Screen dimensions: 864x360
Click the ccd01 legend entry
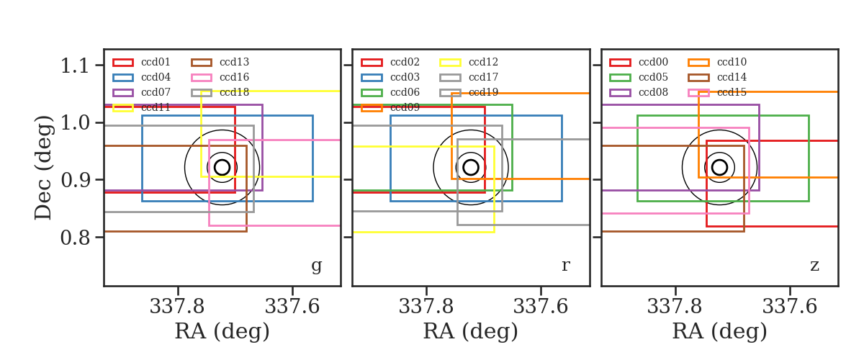(x=142, y=62)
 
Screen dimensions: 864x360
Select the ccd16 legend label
(x=234, y=77)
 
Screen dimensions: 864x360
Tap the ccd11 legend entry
(x=142, y=107)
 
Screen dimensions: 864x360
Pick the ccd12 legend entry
(x=469, y=62)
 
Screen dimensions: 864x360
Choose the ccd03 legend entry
(x=390, y=77)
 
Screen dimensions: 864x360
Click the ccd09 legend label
(x=405, y=107)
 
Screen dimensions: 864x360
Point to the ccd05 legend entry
(x=639, y=77)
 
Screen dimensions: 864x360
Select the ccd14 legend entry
(x=717, y=77)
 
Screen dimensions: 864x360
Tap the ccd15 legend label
(x=732, y=92)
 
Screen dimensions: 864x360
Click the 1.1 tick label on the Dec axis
(x=75, y=66)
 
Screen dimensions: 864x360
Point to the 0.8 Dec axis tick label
(x=75, y=238)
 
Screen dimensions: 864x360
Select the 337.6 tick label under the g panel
(x=292, y=307)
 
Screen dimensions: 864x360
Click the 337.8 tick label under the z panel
(x=674, y=307)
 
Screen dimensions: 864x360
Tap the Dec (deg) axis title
(x=43, y=168)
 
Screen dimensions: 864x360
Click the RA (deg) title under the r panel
(x=471, y=331)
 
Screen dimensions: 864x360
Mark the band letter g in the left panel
(x=316, y=266)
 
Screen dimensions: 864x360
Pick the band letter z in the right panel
(x=814, y=266)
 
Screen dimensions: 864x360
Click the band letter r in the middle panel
(x=565, y=266)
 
